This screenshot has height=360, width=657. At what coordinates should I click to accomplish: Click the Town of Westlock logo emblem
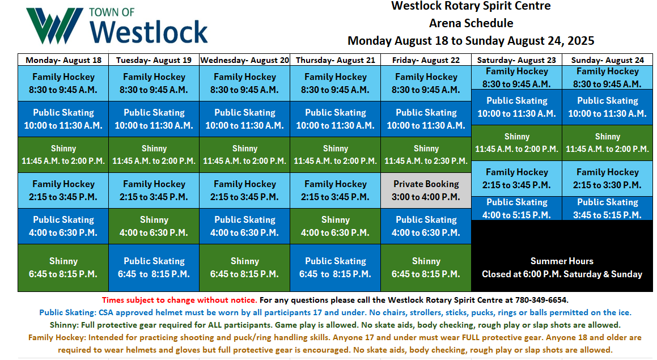click(54, 26)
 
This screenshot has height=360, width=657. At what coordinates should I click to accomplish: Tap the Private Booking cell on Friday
click(426, 190)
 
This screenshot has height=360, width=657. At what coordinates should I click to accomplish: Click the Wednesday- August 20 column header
click(245, 60)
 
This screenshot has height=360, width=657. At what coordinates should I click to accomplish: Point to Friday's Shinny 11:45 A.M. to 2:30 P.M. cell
click(426, 155)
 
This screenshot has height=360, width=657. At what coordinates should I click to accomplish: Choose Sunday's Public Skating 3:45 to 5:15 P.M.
click(607, 208)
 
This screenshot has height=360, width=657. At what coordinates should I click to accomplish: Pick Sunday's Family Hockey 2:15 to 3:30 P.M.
click(607, 179)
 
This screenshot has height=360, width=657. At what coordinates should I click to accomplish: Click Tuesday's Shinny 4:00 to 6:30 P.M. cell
click(154, 226)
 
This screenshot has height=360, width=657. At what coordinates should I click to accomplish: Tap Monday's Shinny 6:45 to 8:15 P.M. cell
click(63, 268)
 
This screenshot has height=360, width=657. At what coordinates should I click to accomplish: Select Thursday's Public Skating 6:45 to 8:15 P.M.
click(335, 268)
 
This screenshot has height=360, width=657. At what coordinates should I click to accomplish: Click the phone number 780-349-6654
click(541, 300)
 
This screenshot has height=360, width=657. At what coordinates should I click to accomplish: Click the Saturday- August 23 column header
click(516, 60)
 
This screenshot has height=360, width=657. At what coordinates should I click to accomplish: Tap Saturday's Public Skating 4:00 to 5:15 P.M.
click(516, 208)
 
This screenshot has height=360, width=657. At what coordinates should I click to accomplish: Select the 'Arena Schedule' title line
click(471, 23)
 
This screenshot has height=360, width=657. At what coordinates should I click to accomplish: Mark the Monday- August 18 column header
click(63, 60)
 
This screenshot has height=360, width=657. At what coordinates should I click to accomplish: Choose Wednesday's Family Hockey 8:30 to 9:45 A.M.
click(245, 83)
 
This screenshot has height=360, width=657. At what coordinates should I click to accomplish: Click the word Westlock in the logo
click(149, 32)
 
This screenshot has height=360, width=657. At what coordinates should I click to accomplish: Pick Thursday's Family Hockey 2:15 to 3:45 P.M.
click(335, 190)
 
